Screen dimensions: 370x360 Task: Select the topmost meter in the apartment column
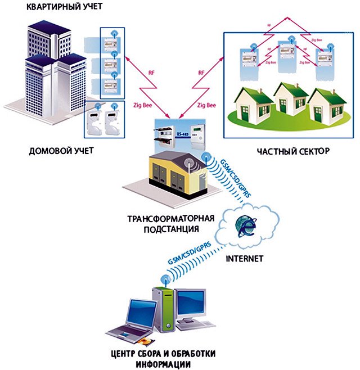(110, 40)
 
